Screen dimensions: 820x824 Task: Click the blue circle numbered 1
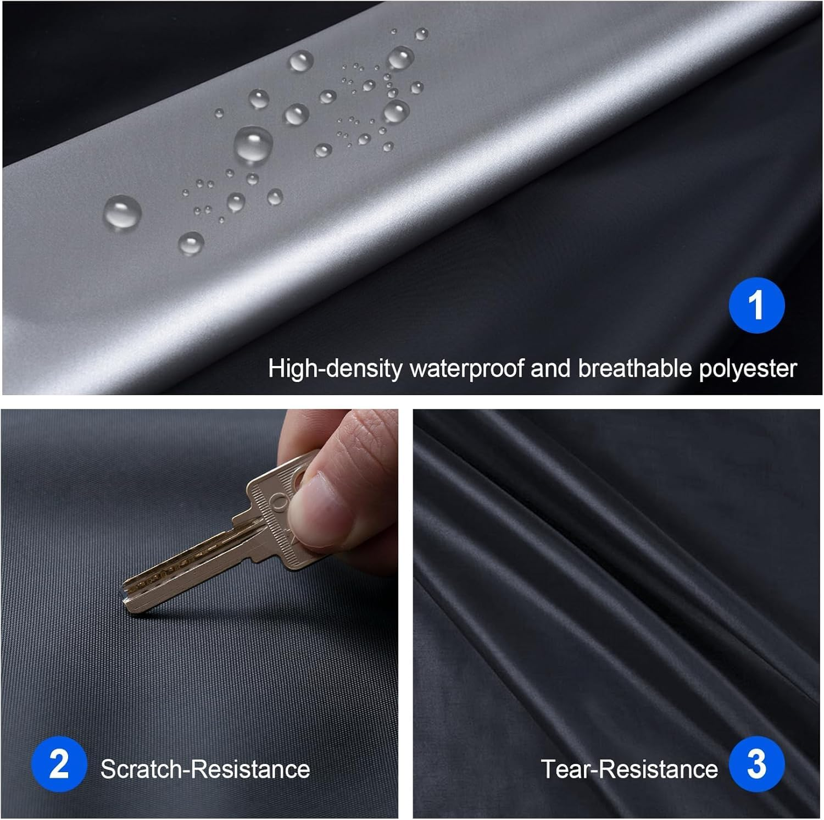pyautogui.click(x=756, y=305)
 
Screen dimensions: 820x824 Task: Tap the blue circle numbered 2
pyautogui.click(x=59, y=764)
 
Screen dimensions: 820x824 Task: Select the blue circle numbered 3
pyautogui.click(x=756, y=764)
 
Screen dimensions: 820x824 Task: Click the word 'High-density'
pyautogui.click(x=335, y=369)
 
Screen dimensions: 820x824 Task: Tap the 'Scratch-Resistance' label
pyautogui.click(x=205, y=768)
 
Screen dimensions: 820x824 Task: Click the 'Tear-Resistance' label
pyautogui.click(x=629, y=768)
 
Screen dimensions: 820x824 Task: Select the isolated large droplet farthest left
pyautogui.click(x=122, y=214)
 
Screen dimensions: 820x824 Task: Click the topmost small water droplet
pyautogui.click(x=421, y=34)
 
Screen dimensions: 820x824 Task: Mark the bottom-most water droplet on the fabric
pyautogui.click(x=191, y=242)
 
